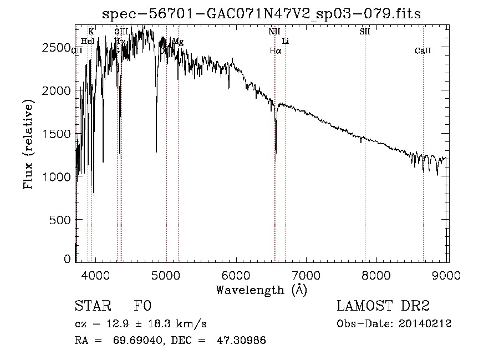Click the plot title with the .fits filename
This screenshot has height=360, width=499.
pyautogui.click(x=262, y=14)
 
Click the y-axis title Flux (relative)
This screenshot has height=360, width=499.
pyautogui.click(x=28, y=144)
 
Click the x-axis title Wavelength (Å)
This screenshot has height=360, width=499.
pyautogui.click(x=261, y=290)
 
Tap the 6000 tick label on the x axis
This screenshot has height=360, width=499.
pyautogui.click(x=236, y=275)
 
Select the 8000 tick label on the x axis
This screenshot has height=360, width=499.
pyautogui.click(x=377, y=275)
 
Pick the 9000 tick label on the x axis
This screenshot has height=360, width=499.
pyautogui.click(x=447, y=275)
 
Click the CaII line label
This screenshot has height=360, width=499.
pyautogui.click(x=423, y=51)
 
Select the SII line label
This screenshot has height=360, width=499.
pyautogui.click(x=364, y=32)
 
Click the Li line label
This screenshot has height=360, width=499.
pyautogui.click(x=286, y=42)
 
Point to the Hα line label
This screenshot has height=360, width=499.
pyautogui.click(x=276, y=51)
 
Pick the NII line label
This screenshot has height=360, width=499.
pyautogui.click(x=274, y=32)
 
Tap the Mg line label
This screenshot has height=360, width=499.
pyautogui.click(x=178, y=42)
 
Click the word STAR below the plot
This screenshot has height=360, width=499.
pyautogui.click(x=91, y=307)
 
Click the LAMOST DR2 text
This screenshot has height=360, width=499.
pyautogui.click(x=383, y=307)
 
